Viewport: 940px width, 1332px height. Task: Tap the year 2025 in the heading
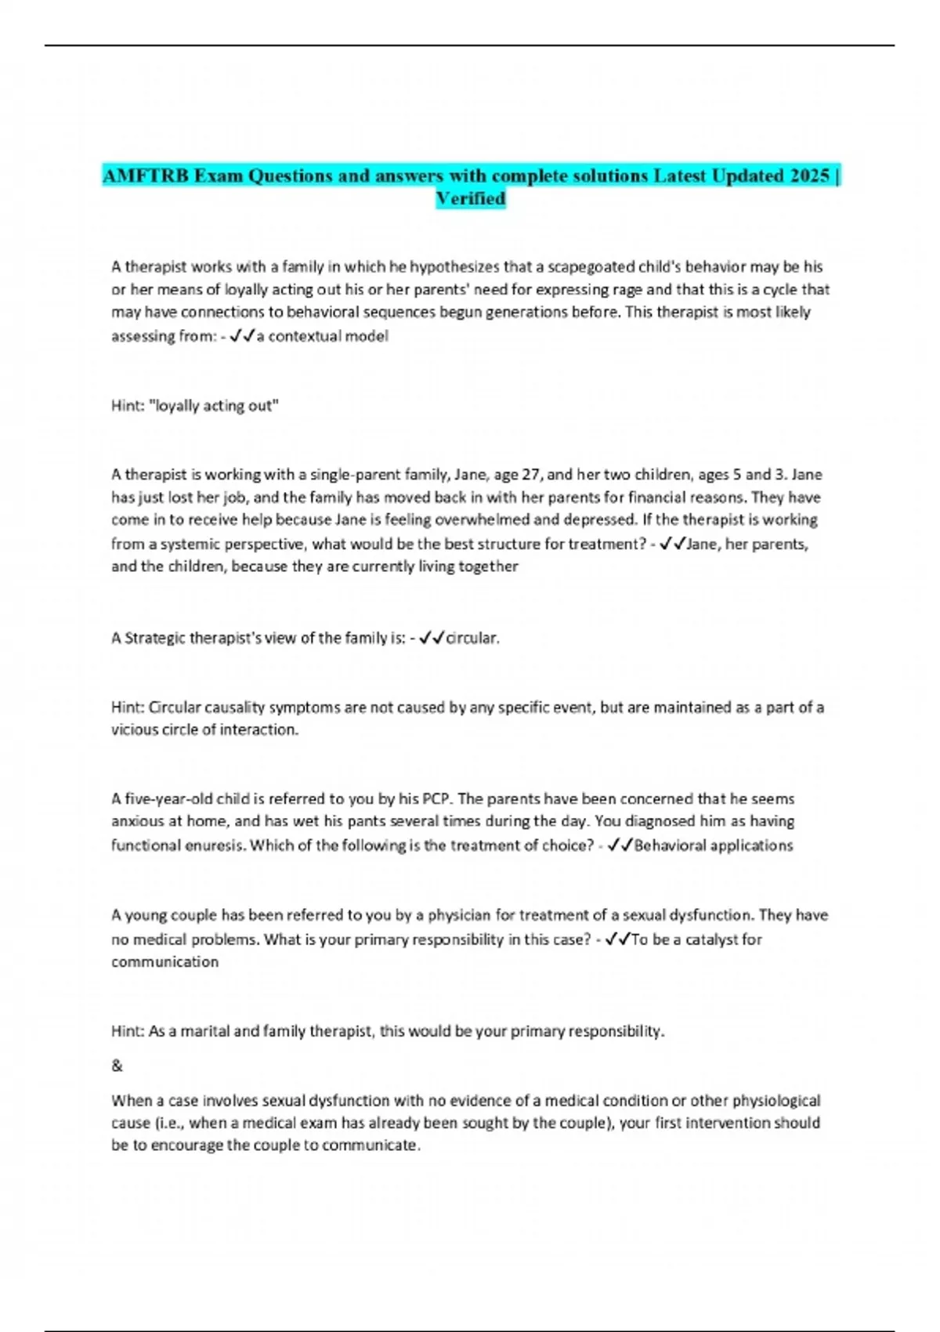[810, 176]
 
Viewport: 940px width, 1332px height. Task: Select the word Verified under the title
[470, 198]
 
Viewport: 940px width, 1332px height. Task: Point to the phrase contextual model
[328, 336]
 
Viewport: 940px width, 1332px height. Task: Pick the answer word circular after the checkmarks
[472, 638]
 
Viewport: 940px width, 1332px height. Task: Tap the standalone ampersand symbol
[117, 1066]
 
